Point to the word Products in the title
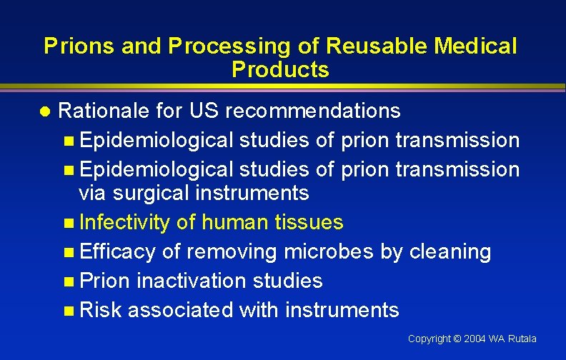pos(280,70)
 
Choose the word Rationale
pos(102,111)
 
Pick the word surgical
pos(157,193)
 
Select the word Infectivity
pos(124,223)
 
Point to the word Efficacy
pos(118,251)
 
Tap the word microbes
pos(325,251)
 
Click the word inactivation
pos(188,281)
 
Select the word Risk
pos(101,310)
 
